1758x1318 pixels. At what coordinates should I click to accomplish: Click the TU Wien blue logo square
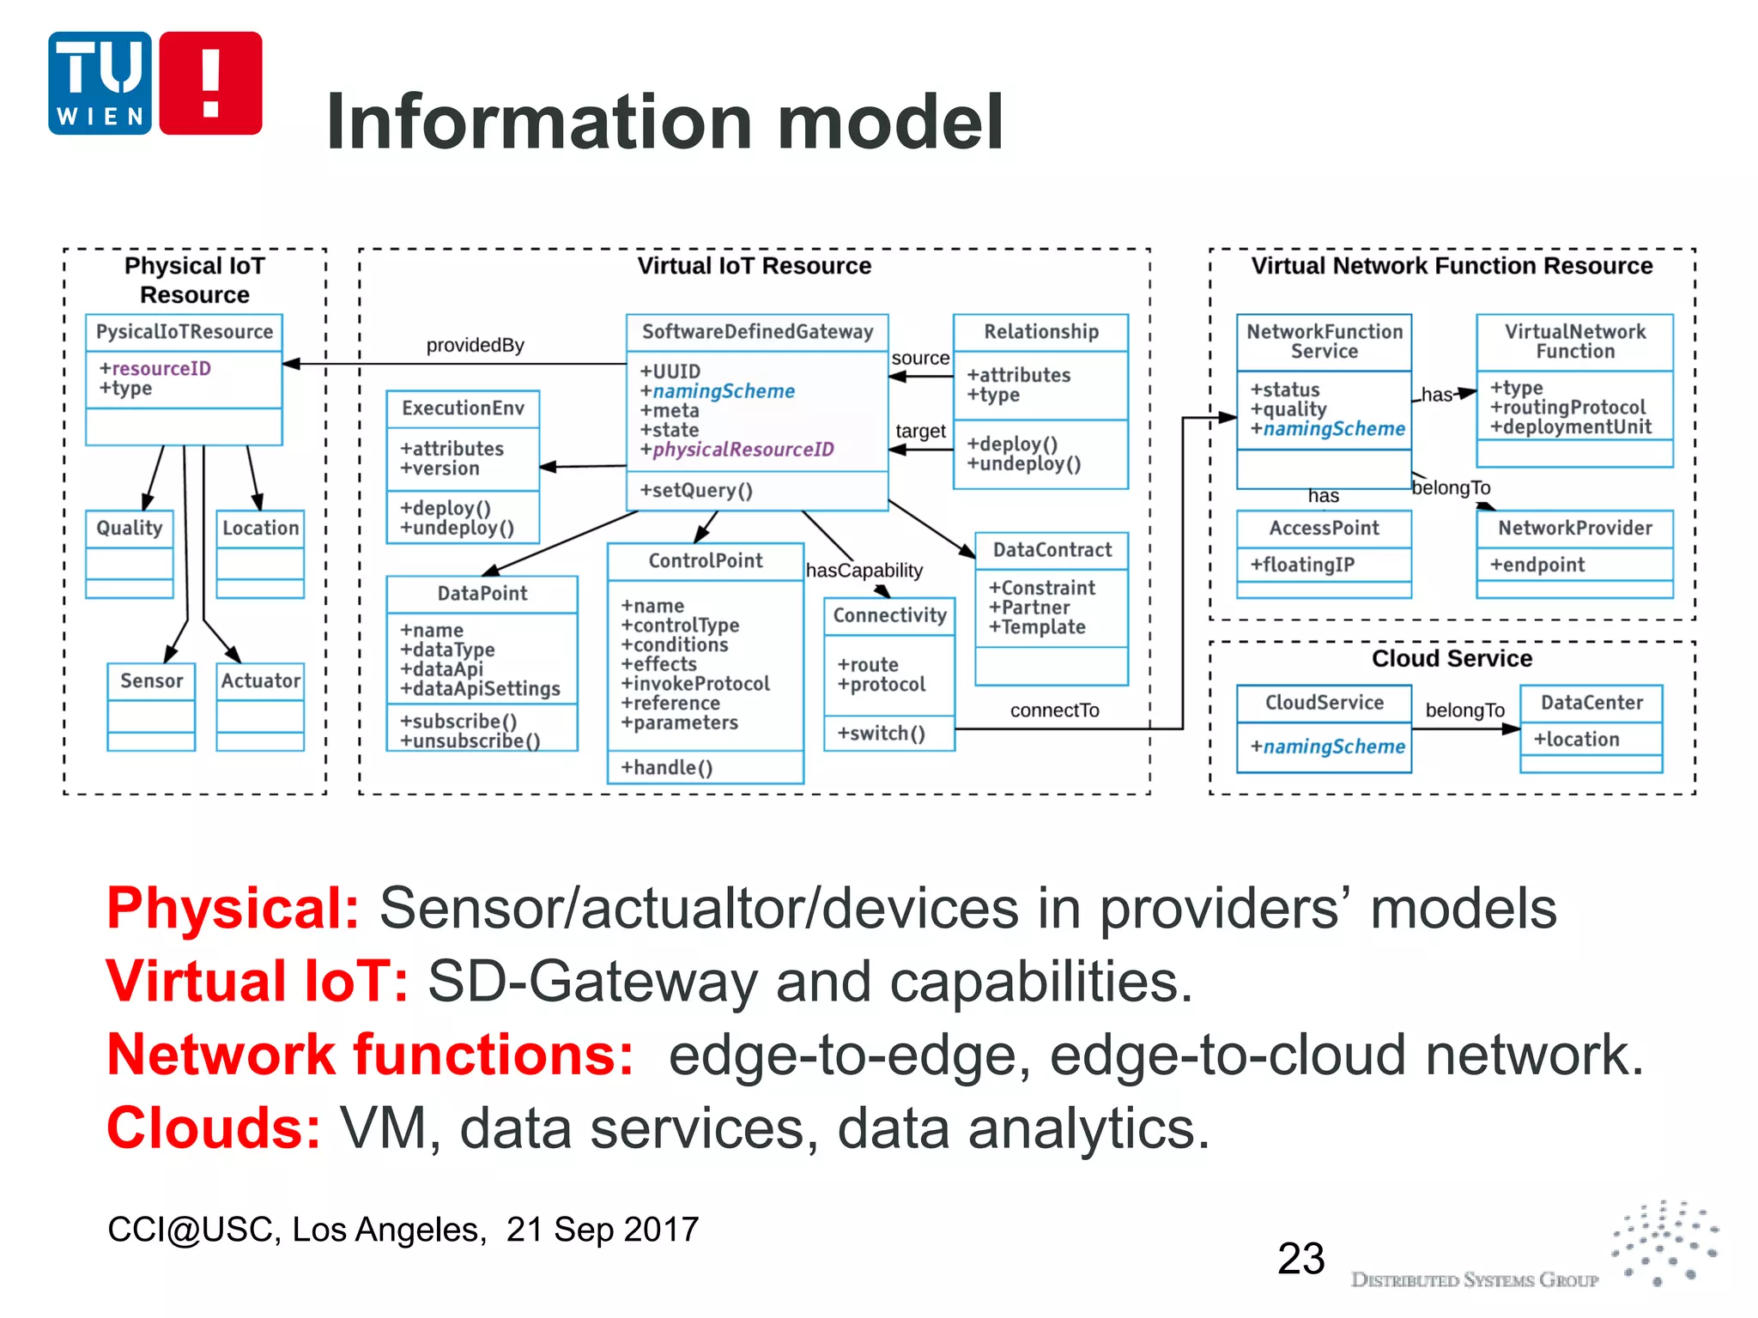click(x=100, y=83)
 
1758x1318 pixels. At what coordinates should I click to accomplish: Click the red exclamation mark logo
click(x=210, y=83)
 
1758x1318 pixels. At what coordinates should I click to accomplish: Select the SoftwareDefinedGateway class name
click(x=757, y=332)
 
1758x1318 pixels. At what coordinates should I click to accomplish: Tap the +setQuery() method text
click(x=696, y=491)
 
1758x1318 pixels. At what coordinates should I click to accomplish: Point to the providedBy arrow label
click(x=475, y=345)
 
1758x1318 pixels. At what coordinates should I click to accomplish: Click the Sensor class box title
click(x=151, y=681)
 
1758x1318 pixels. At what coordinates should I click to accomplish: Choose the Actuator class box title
click(x=260, y=681)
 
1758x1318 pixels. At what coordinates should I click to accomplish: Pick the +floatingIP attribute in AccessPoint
click(x=1302, y=565)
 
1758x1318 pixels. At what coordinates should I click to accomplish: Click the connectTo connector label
click(x=1054, y=710)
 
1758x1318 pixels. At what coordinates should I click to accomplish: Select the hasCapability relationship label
click(x=864, y=571)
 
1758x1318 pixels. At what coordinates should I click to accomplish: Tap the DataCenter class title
click(x=1591, y=703)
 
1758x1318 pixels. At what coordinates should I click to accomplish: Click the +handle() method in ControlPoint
click(x=667, y=768)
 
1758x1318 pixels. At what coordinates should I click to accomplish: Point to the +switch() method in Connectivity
click(x=882, y=734)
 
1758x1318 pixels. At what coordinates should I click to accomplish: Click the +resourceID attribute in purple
click(x=155, y=369)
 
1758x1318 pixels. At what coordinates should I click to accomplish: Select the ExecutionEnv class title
click(x=463, y=408)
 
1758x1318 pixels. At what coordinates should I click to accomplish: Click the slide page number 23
click(x=1300, y=1259)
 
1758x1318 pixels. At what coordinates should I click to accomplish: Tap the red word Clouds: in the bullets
click(x=214, y=1128)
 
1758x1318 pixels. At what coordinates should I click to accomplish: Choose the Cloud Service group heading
click(x=1452, y=659)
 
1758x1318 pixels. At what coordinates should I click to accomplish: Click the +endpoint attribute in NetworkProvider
click(x=1537, y=565)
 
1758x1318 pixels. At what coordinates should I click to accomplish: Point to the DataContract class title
click(x=1052, y=550)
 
